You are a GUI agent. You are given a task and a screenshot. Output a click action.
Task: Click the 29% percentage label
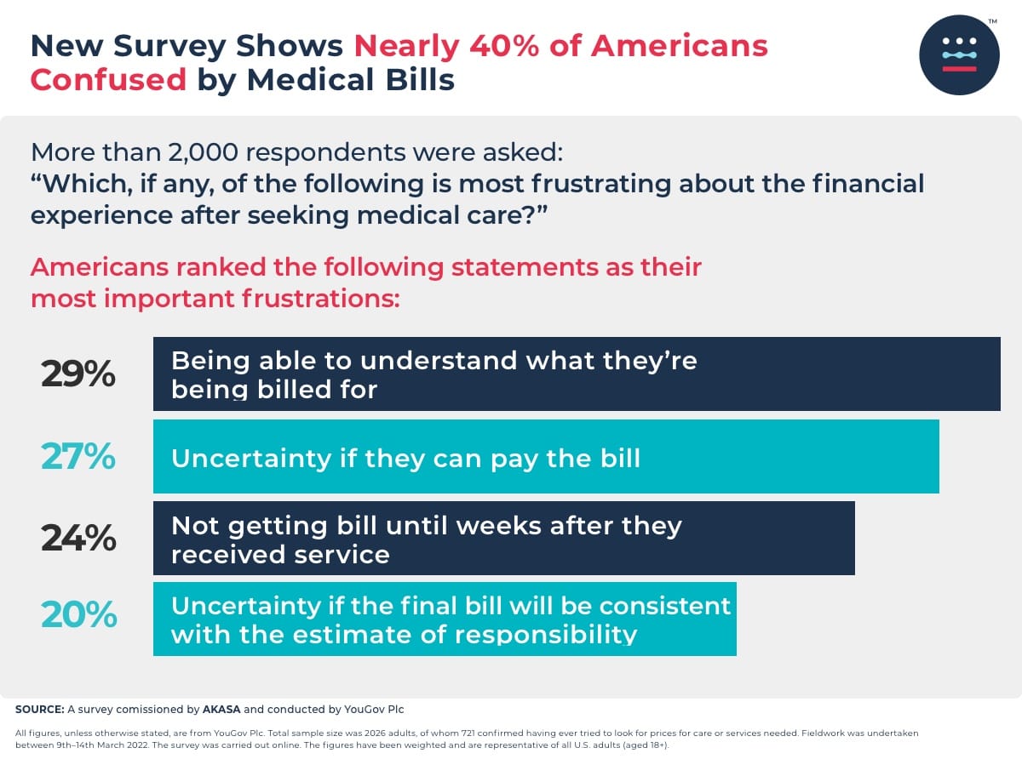[x=78, y=374]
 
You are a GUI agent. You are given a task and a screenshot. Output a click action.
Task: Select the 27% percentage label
[x=78, y=457]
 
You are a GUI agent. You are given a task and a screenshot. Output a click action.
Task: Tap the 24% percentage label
[x=78, y=538]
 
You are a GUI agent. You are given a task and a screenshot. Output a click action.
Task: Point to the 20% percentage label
[x=78, y=614]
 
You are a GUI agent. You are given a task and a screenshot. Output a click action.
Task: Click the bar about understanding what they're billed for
[x=577, y=374]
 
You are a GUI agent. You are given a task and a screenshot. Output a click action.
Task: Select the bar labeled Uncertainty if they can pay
[x=546, y=456]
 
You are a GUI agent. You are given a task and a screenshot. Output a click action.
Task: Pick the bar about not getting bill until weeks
[x=503, y=538]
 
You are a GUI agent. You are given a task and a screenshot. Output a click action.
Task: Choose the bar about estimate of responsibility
[x=445, y=619]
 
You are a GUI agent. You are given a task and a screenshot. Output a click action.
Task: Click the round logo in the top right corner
[x=959, y=54]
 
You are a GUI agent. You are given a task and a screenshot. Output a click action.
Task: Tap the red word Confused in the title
[x=108, y=79]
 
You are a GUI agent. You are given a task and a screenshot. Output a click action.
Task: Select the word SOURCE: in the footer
[x=38, y=709]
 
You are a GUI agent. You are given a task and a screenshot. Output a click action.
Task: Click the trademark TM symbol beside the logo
[x=992, y=21]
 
